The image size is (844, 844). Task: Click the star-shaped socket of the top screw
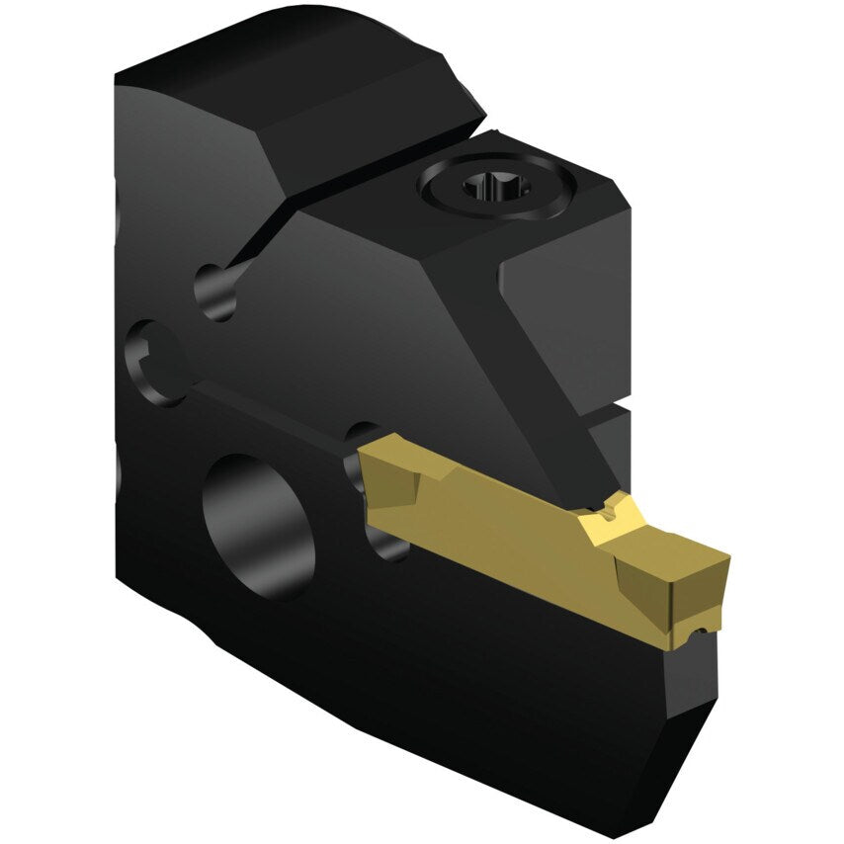pos(491,185)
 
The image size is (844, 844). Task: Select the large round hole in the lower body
pos(259,527)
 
